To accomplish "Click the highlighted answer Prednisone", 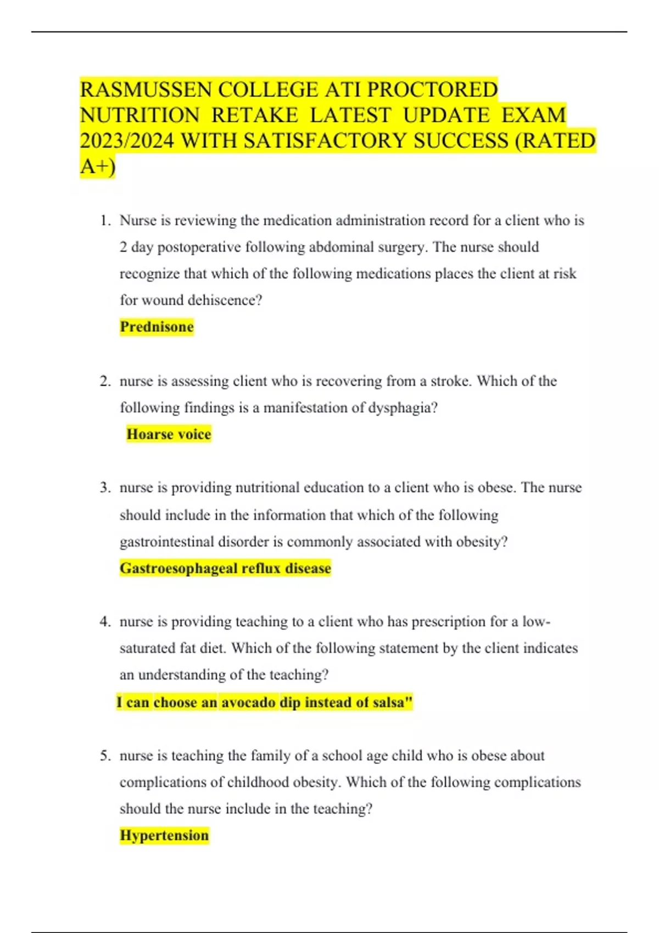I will point(157,327).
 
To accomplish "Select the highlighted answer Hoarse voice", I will point(169,434).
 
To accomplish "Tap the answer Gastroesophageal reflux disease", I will point(225,568).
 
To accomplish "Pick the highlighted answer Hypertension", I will point(164,835).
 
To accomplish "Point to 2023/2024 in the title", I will point(127,141).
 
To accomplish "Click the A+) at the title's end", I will point(97,166).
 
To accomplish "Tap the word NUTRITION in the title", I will point(139,115).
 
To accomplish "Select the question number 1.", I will point(105,221).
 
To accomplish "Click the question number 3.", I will point(105,488).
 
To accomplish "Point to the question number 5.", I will point(105,756).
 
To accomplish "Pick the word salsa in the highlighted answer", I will point(388,702).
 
